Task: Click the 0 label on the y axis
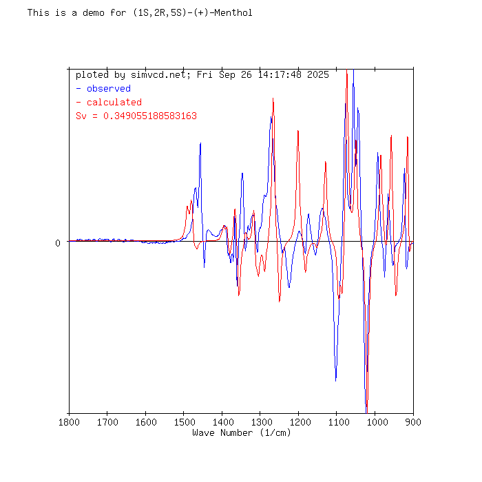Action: coord(58,242)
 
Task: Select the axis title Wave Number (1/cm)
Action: coord(241,432)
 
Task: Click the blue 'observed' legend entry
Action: coord(108,88)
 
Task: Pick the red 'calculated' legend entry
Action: coord(114,102)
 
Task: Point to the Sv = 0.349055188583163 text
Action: coord(136,116)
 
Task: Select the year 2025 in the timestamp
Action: coord(318,74)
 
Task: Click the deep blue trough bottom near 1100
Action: coord(336,379)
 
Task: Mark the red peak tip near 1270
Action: coord(273,98)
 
